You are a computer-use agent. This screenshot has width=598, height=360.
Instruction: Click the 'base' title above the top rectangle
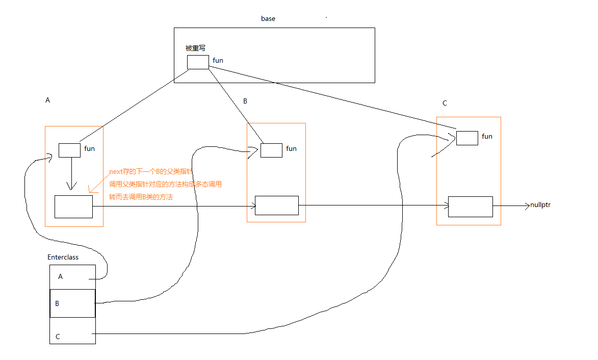point(268,19)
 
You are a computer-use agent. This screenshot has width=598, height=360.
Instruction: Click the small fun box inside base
point(198,62)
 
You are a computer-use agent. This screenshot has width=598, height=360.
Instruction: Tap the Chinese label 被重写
point(195,48)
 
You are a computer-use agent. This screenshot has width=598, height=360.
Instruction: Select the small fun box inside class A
point(69,150)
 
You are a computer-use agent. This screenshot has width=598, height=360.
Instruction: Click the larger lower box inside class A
point(73,207)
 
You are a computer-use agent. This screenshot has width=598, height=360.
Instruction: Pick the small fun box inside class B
point(271,150)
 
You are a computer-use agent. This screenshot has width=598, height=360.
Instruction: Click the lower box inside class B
point(276,205)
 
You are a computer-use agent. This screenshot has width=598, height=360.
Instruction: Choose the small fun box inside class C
point(467,138)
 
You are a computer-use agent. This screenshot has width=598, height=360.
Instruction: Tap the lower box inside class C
point(470,207)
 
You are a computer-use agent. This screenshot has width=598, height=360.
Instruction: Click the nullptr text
point(540,205)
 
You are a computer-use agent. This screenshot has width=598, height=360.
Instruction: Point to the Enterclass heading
point(63,258)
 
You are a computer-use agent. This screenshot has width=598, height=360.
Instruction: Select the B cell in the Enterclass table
point(72,303)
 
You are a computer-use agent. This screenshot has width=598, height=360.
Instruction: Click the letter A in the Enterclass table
point(61,277)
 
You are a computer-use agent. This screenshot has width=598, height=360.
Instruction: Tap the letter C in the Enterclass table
point(58,337)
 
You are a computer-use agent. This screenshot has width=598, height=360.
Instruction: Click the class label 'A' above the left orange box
point(48,100)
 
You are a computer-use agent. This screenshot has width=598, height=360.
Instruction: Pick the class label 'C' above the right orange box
point(445,104)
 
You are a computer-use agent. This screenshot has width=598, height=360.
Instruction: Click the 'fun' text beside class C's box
point(487,137)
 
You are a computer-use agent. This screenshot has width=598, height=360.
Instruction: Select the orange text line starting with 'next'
point(151,172)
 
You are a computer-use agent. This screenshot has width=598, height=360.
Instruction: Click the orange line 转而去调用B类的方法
point(141,197)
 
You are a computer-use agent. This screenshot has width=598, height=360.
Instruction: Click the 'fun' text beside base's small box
point(218,61)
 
